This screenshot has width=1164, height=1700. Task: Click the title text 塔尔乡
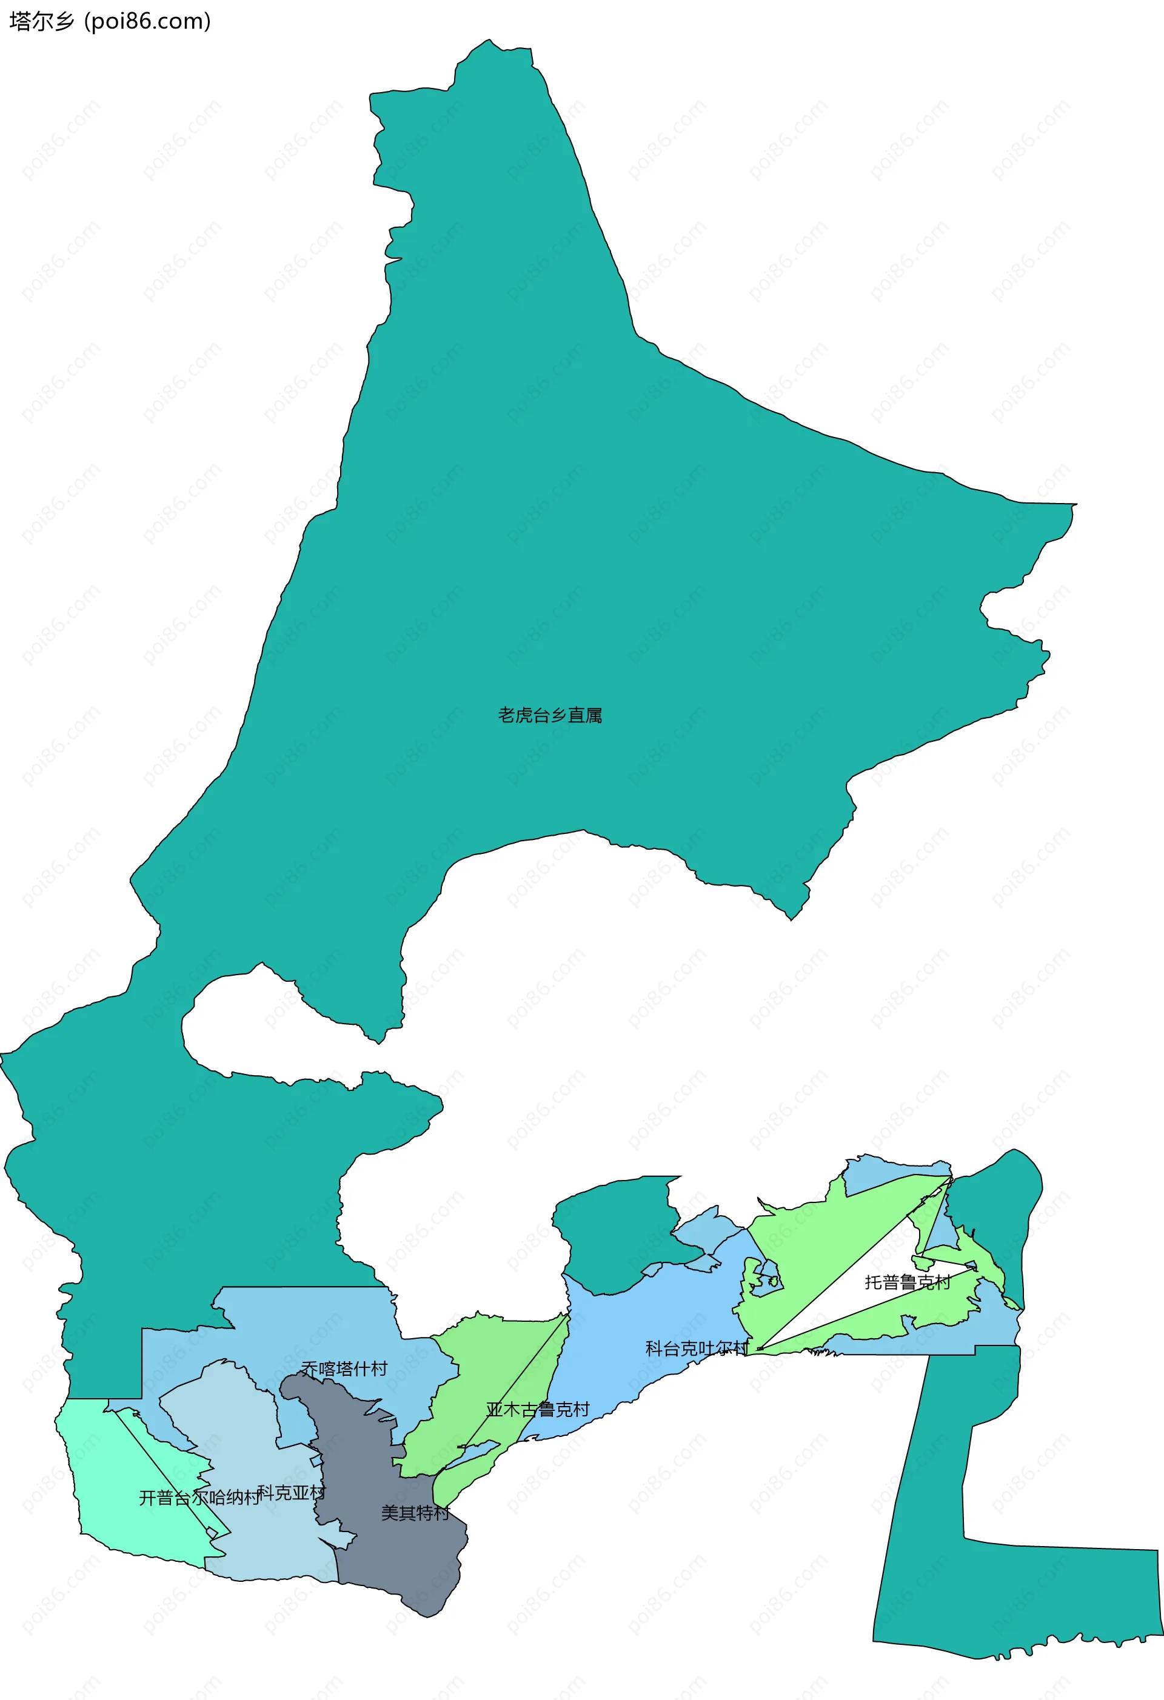coord(42,22)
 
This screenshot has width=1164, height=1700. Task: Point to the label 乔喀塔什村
coord(344,1368)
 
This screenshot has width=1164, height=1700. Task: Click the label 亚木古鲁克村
coord(538,1410)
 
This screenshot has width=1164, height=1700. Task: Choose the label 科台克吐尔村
coord(697,1348)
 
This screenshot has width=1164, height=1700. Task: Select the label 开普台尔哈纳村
coord(199,1498)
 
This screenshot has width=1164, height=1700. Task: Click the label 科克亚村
coord(291,1492)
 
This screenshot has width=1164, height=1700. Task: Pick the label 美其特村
coord(415,1513)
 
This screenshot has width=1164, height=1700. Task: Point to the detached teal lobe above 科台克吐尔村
coord(615,1236)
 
